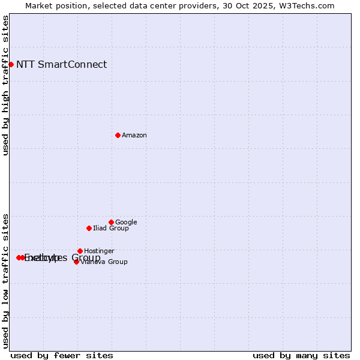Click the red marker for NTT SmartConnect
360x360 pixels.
(x=11, y=64)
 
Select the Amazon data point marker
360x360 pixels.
(x=118, y=135)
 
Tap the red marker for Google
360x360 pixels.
(x=111, y=222)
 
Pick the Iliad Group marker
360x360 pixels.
(x=89, y=228)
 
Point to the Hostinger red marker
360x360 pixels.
(x=80, y=251)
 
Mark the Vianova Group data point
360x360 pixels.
(x=76, y=262)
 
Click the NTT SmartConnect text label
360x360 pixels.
(x=61, y=65)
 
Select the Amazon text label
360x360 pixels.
(x=134, y=136)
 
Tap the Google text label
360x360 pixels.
(x=126, y=223)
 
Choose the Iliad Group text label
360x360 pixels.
(x=111, y=229)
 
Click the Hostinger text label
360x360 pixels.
(x=99, y=251)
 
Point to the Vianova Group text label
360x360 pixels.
(x=104, y=262)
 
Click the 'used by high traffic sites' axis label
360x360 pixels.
(x=5, y=85)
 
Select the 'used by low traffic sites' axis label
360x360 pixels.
(x=5, y=280)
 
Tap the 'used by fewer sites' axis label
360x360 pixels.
(x=62, y=355)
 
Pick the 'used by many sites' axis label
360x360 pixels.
(x=301, y=355)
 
